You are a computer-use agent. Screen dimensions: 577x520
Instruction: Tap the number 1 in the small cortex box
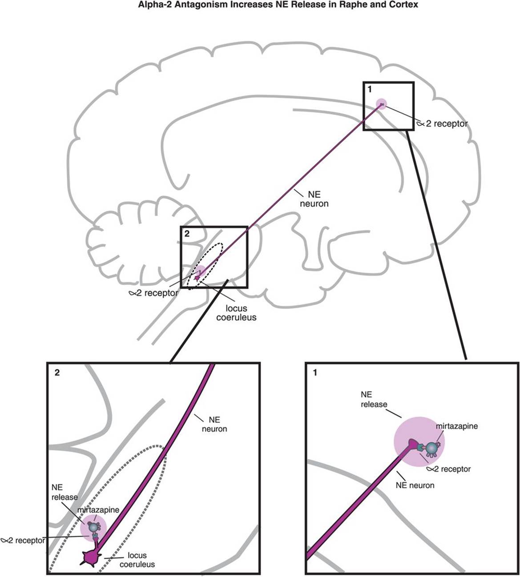pyautogui.click(x=369, y=89)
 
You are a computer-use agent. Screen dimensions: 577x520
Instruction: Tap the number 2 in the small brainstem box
pyautogui.click(x=186, y=234)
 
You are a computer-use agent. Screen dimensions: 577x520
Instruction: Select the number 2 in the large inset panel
pyautogui.click(x=56, y=373)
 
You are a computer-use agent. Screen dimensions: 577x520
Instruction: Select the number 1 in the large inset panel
pyautogui.click(x=315, y=373)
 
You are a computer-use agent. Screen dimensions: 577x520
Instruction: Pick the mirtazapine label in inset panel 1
pyautogui.click(x=456, y=426)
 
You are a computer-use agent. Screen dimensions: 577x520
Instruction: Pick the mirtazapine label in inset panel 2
pyautogui.click(x=98, y=510)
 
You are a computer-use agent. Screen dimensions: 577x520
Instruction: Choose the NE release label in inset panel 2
pyautogui.click(x=64, y=492)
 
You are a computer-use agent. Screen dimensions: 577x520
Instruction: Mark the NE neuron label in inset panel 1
pyautogui.click(x=415, y=485)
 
